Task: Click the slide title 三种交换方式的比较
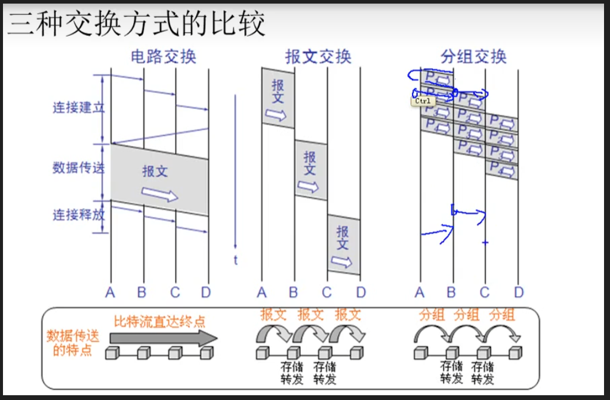[136, 25]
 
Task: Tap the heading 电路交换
[163, 57]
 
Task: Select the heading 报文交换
[318, 57]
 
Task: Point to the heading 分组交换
[473, 57]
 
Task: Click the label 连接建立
[78, 108]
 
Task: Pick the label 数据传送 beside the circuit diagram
[78, 167]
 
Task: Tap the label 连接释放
[78, 214]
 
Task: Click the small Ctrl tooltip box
[423, 101]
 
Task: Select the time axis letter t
[236, 260]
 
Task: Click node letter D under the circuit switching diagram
[205, 292]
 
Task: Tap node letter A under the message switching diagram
[261, 292]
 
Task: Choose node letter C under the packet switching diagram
[484, 292]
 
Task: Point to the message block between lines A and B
[278, 98]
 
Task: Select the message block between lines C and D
[343, 245]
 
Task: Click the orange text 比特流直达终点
[159, 321]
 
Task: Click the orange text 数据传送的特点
[72, 343]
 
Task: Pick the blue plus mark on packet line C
[485, 243]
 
